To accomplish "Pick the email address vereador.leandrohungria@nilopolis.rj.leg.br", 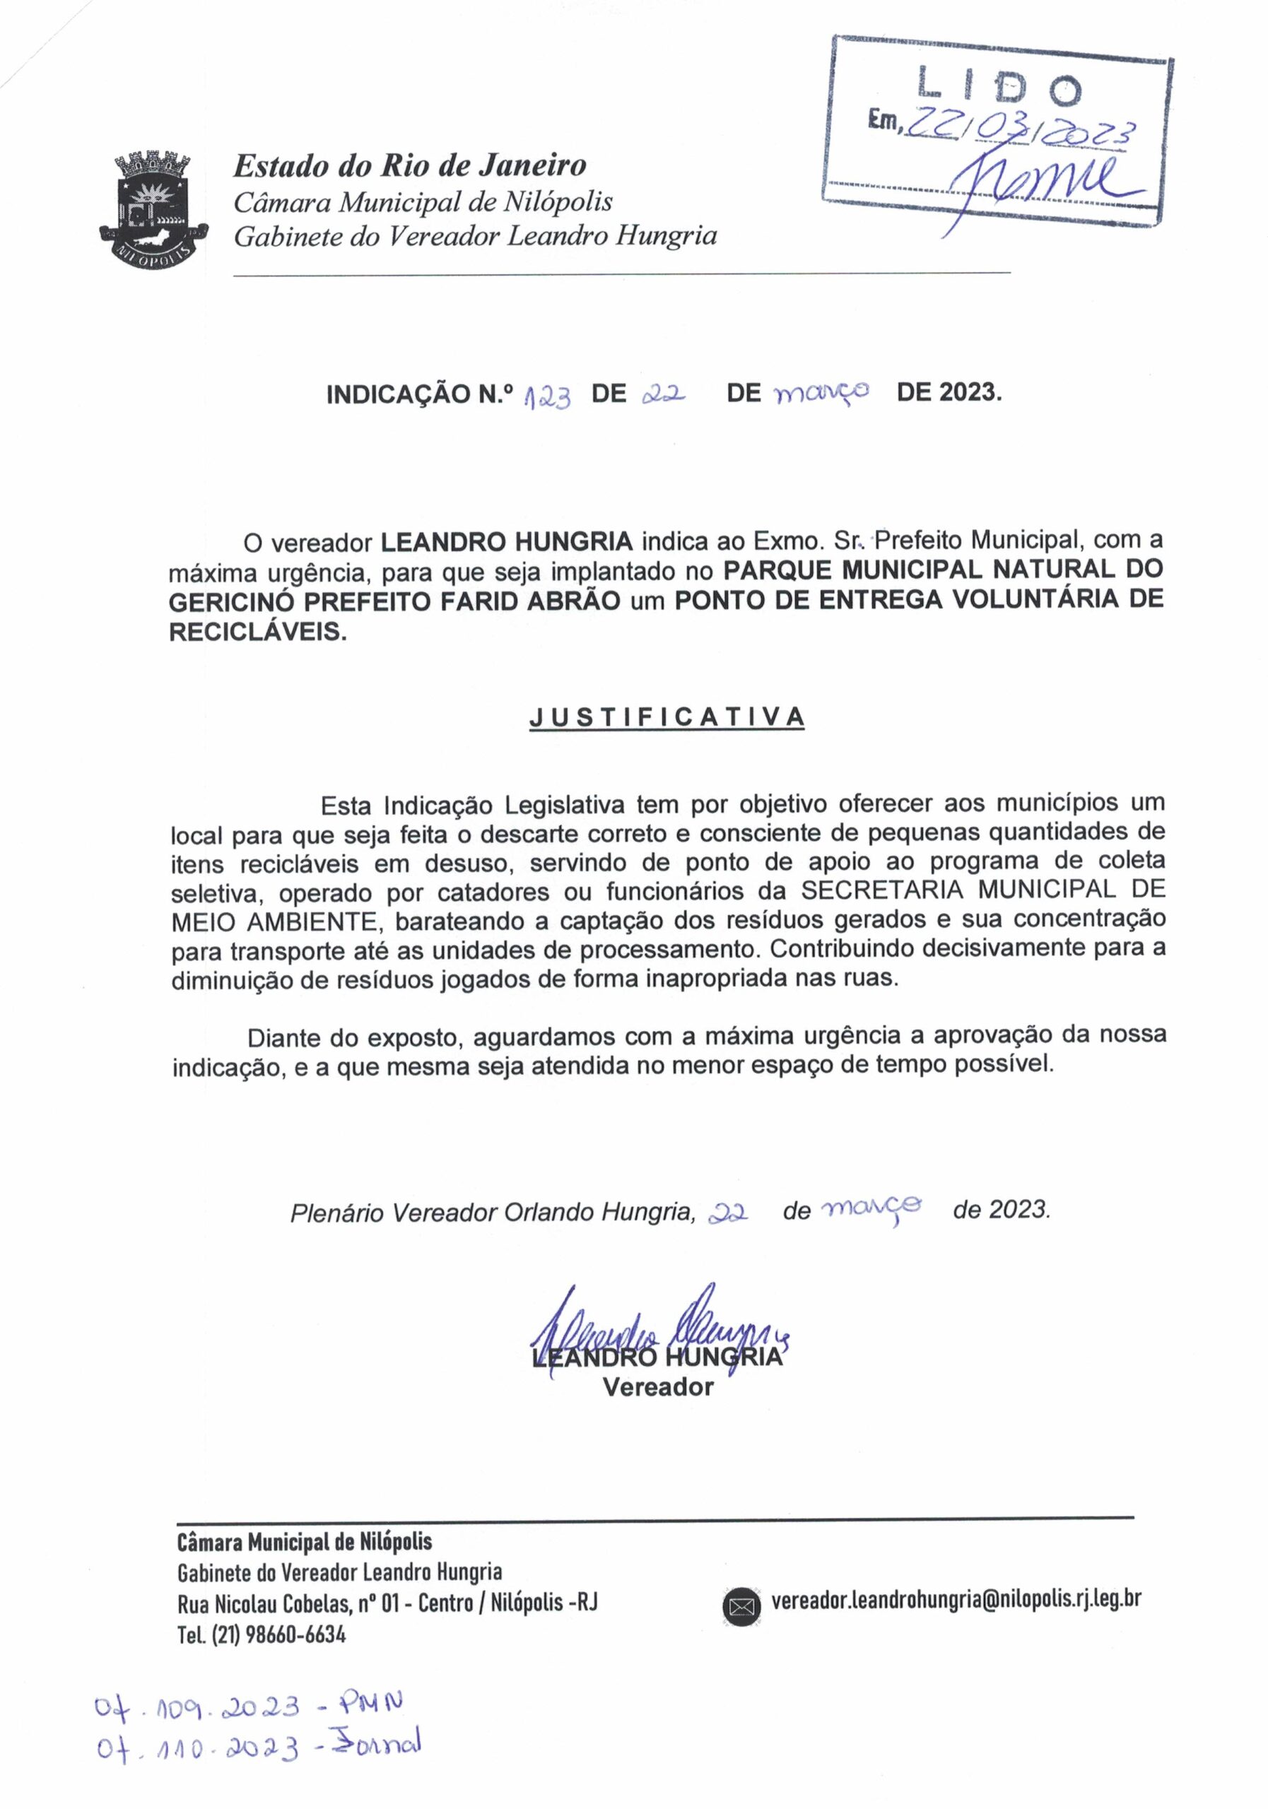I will [956, 1598].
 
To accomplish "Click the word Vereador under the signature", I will [658, 1386].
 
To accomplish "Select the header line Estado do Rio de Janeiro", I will [410, 165].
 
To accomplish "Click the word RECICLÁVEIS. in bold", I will [258, 632].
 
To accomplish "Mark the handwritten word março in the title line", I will [822, 391].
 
